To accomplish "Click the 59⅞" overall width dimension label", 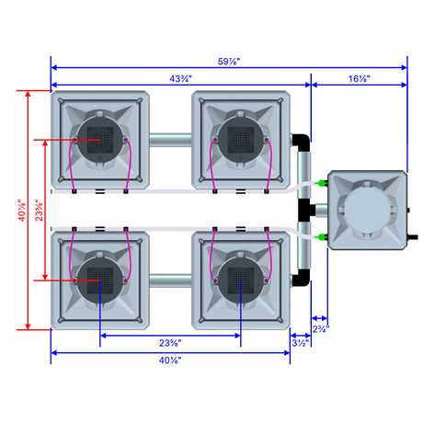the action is pos(229,62).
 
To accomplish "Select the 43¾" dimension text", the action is pos(180,79).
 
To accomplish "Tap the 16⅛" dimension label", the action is pos(360,79).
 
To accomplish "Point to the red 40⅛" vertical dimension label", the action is pos(22,211).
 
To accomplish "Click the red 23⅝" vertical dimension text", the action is pos(39,211).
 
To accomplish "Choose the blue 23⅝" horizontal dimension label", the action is pos(170,343).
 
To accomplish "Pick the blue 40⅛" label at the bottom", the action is pos(170,360).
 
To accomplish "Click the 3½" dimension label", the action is pos(301,343).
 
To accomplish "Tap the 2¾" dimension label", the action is pos(321,329).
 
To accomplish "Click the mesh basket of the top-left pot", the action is pos(100,140).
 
